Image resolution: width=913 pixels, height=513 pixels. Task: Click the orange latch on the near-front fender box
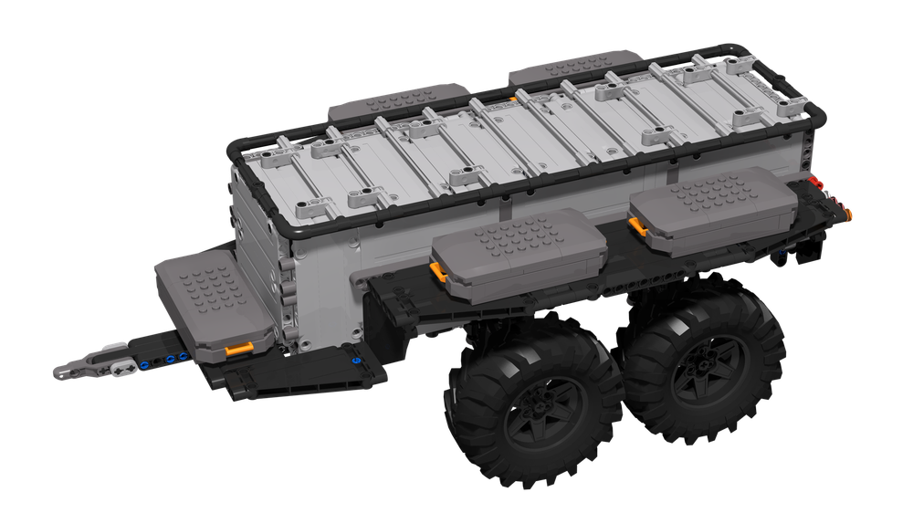437,270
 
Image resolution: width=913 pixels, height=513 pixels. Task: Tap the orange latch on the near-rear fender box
634,222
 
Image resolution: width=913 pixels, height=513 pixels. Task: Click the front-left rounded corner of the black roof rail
239,153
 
